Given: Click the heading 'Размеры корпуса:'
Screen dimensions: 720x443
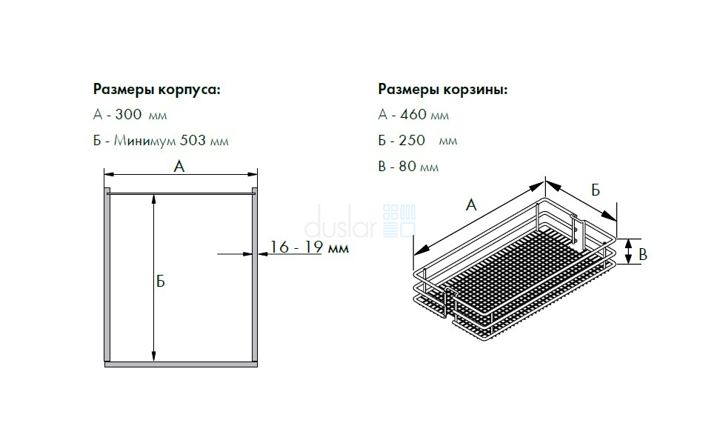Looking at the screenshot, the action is [x=156, y=90].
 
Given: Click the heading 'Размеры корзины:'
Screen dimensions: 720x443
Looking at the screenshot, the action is [x=443, y=90].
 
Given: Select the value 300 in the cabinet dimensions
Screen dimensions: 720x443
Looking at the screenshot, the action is [x=128, y=114].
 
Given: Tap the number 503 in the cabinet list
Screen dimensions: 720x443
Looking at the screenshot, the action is [x=193, y=140].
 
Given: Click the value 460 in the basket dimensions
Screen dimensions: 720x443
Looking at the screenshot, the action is [x=413, y=114].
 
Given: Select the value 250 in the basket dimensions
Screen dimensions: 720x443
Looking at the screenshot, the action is [x=412, y=140].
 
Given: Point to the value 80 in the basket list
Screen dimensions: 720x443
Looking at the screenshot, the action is [x=407, y=166].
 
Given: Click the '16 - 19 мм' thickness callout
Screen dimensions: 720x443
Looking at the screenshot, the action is [x=309, y=247].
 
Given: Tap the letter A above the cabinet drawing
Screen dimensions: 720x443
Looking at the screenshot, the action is [x=179, y=166].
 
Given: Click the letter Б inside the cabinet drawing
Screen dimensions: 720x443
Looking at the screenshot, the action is [x=160, y=281].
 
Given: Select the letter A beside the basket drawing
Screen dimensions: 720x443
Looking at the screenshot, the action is [x=471, y=204].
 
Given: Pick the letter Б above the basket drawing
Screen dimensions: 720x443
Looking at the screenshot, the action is [x=596, y=190].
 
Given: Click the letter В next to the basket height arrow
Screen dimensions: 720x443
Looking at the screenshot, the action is [x=643, y=254].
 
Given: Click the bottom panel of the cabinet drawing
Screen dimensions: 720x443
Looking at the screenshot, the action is [x=181, y=364].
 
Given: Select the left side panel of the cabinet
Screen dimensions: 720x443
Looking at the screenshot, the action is [x=107, y=275].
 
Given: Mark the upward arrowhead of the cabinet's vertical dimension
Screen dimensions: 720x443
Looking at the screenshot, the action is [x=154, y=199].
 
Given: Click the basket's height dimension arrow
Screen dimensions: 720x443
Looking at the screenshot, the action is [x=628, y=252].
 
